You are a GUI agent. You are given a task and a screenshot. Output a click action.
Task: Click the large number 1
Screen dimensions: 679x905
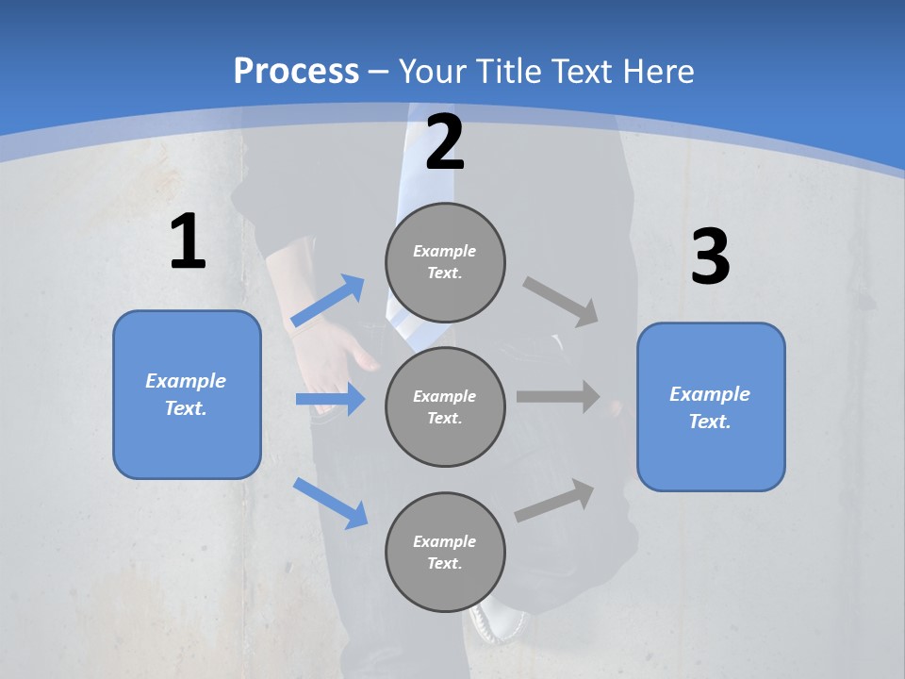pyautogui.click(x=188, y=241)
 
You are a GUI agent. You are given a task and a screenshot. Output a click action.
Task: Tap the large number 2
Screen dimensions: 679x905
pyautogui.click(x=445, y=142)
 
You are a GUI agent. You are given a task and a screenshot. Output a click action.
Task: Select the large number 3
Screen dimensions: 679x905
pyautogui.click(x=710, y=257)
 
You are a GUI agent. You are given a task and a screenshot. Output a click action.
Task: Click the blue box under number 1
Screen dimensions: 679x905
pyautogui.click(x=187, y=394)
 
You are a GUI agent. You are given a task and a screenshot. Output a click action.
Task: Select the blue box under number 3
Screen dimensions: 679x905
pyautogui.click(x=711, y=407)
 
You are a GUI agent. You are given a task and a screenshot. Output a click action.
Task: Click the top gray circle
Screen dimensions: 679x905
pyautogui.click(x=445, y=262)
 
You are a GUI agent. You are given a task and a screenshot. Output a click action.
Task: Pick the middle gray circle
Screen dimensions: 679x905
pyautogui.click(x=445, y=406)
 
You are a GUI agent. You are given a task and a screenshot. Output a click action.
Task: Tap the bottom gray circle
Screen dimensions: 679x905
pyautogui.click(x=445, y=552)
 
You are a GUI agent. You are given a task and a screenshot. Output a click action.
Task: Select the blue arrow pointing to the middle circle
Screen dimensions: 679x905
pyautogui.click(x=330, y=399)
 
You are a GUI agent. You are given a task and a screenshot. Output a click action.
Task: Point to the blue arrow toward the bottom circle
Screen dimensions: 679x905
pyautogui.click(x=331, y=502)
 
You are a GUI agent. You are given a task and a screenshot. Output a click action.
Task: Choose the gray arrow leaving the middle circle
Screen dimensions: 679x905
pyautogui.click(x=558, y=396)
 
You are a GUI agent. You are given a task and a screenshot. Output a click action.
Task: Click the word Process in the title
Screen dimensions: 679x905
pyautogui.click(x=296, y=71)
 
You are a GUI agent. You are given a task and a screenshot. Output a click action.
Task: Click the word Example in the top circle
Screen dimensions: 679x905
pyautogui.click(x=444, y=251)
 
